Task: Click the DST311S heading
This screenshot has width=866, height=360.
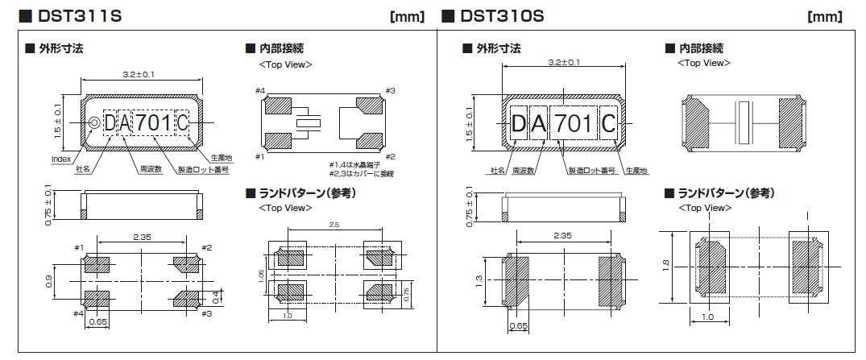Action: coord(79,16)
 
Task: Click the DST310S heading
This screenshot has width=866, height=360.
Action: coord(502,16)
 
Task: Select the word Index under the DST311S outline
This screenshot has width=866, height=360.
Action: coord(60,159)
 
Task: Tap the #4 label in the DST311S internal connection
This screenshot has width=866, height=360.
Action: coord(261,90)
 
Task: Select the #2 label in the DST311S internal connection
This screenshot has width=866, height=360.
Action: coord(390,156)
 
